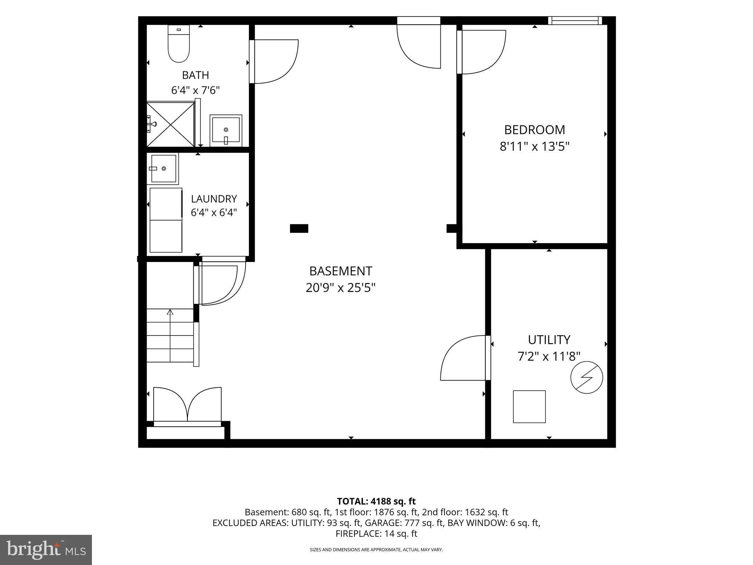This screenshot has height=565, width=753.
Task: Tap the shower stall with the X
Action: [x=171, y=124]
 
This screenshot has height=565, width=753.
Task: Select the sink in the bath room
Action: [x=226, y=131]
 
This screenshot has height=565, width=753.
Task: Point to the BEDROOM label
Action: [x=534, y=130]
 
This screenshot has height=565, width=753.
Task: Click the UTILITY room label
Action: [x=549, y=340]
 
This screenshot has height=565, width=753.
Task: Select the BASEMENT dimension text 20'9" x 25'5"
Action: [x=340, y=288]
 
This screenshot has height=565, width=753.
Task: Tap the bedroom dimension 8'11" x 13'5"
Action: [x=534, y=147]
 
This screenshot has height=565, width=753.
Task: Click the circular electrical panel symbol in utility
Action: [x=586, y=377]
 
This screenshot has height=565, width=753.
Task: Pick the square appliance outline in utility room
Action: [x=529, y=406]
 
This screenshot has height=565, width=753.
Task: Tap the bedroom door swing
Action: [x=481, y=52]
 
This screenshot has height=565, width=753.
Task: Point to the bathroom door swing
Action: [x=274, y=62]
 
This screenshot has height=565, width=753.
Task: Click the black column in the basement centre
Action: [x=299, y=228]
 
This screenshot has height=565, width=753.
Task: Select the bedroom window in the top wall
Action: [x=575, y=21]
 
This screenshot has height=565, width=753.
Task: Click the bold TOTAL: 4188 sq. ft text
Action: [x=376, y=501]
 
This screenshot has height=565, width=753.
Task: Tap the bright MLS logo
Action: [x=46, y=550]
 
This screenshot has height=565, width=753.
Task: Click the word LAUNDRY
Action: [x=214, y=199]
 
